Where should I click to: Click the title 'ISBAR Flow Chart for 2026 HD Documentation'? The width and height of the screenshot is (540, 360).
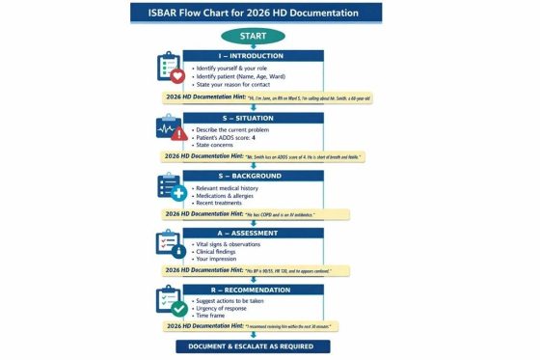coord(256,13)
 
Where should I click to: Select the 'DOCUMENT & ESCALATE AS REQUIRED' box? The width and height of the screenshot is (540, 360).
coord(253,346)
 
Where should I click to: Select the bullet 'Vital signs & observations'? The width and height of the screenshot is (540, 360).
coord(229,245)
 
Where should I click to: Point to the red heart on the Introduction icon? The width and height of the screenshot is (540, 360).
coord(176,74)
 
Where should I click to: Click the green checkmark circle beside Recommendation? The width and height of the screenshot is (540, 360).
coord(179,309)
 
